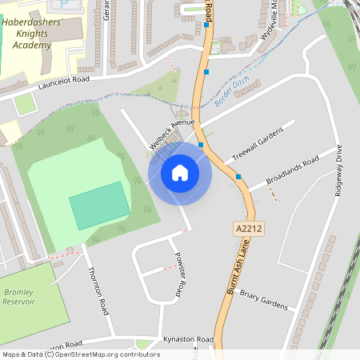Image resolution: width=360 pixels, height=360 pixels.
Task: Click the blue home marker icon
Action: [180, 173]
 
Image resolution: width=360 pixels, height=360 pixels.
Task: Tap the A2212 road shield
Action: [249, 229]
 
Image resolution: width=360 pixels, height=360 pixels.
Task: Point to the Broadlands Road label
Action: [292, 171]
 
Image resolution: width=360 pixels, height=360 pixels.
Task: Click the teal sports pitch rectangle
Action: [99, 206]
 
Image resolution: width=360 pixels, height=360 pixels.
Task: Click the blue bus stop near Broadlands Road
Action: [238, 177]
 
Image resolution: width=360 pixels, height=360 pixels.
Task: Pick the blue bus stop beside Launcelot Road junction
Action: [207, 72]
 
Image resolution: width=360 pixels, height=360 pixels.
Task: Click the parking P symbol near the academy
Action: [86, 3]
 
